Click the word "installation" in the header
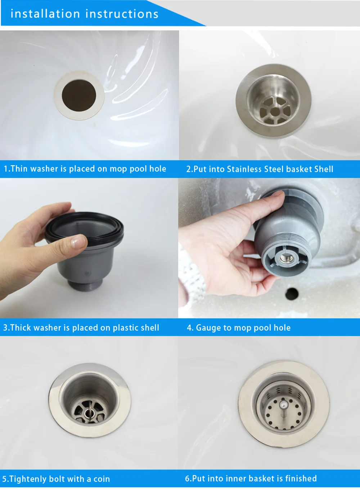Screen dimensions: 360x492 tap(45, 14)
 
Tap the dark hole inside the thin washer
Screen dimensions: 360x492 tap(79, 95)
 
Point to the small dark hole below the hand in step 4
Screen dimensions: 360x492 tap(292, 294)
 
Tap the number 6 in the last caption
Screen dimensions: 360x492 tap(187, 479)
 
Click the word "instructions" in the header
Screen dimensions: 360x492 tap(122, 14)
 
